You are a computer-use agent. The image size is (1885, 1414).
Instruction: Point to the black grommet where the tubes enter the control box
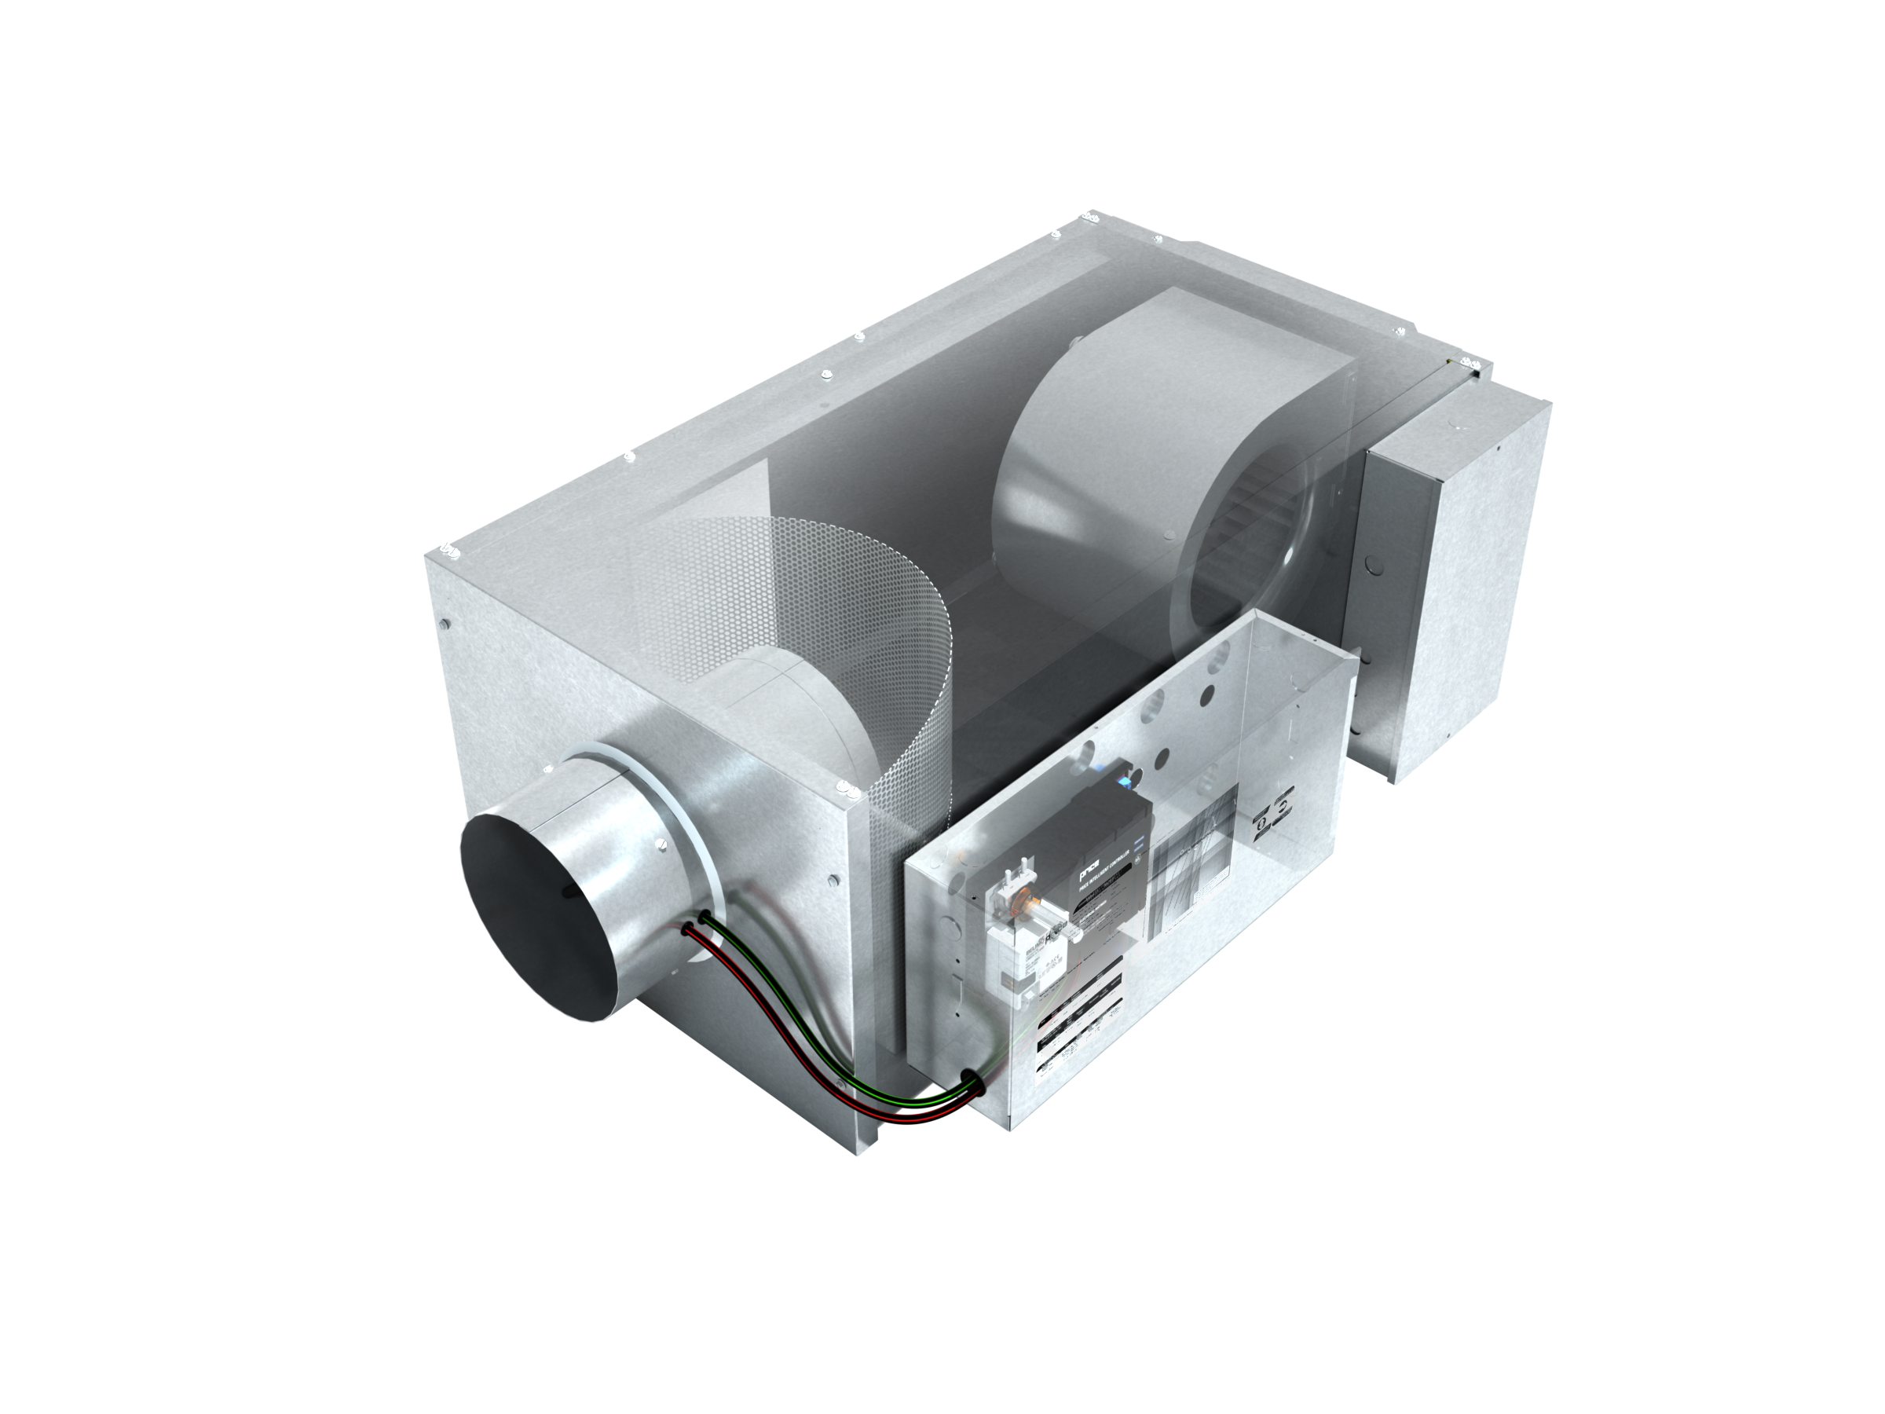[x=971, y=1083]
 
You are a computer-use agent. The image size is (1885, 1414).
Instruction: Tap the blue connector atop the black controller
[x=1126, y=778]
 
